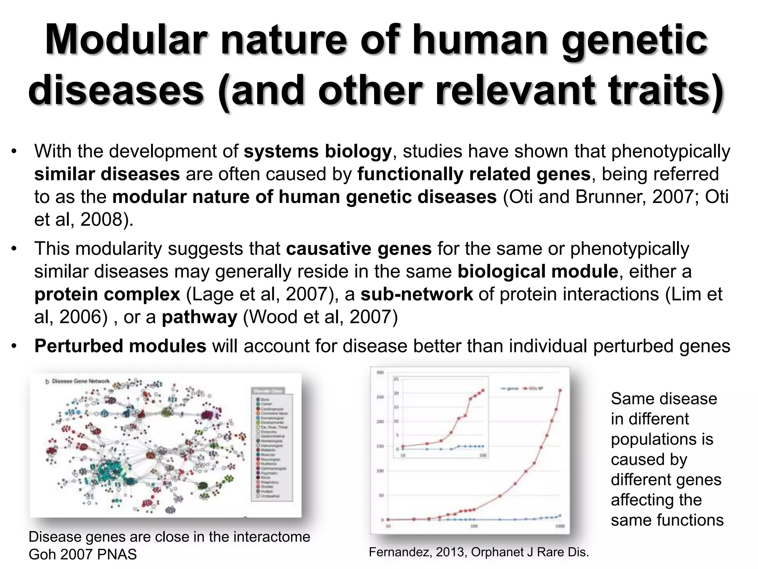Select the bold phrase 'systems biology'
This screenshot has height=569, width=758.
[x=318, y=152]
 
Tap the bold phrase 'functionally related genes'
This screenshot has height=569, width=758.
[x=474, y=174]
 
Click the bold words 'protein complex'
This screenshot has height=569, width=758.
[x=107, y=295]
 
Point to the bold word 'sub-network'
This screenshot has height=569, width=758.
[x=416, y=295]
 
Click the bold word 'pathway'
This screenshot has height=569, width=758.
[x=199, y=317]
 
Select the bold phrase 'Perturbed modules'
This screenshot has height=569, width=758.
[x=120, y=346]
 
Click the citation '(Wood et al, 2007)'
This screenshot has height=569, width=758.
[x=320, y=317]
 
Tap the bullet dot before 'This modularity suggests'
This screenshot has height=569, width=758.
[x=14, y=249]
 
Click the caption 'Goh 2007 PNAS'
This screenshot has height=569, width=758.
[x=83, y=555]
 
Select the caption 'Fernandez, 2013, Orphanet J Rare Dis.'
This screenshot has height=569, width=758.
[x=479, y=552]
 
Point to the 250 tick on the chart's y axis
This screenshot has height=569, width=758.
[x=380, y=397]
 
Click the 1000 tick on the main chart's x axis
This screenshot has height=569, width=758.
[x=560, y=526]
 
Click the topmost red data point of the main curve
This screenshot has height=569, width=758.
[x=560, y=390]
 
